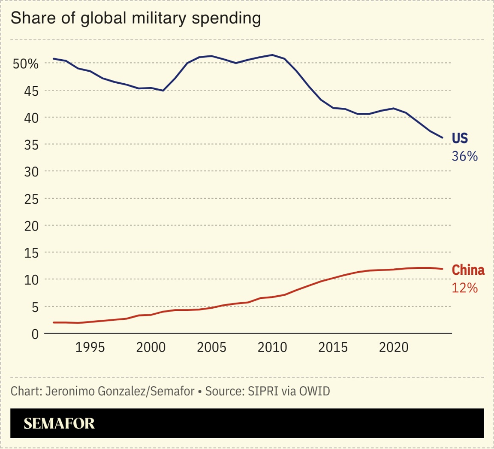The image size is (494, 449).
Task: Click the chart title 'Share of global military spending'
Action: pos(136,19)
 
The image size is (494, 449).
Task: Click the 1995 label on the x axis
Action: pos(90,347)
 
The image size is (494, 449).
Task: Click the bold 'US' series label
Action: pos(460,138)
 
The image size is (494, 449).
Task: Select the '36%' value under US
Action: pos(464,157)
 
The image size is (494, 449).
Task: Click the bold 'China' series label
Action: pos(468,270)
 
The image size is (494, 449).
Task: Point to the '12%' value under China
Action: pos(464,288)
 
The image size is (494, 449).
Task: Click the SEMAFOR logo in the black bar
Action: pos(59,424)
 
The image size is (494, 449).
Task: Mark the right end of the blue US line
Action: pos(443,137)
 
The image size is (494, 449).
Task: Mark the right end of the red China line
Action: pos(443,269)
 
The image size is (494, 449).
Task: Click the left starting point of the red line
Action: pos(54,322)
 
